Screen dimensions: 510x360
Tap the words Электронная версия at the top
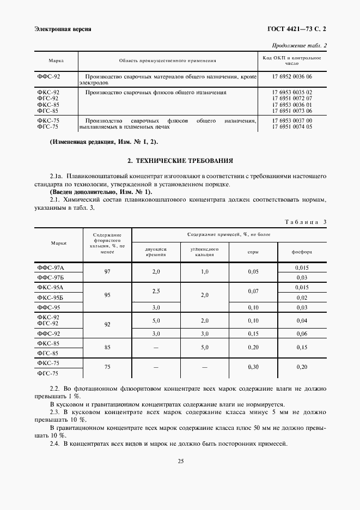tap(63, 29)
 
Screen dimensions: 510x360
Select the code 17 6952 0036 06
tap(292, 77)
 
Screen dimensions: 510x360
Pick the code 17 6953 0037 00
tap(292, 120)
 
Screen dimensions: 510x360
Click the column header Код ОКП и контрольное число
tap(292, 60)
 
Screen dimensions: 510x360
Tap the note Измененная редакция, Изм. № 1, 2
tap(103, 142)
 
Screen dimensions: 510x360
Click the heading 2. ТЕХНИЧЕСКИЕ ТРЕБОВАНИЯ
tap(180, 161)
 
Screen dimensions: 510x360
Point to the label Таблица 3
tap(306, 222)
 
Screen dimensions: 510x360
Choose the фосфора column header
tap(301, 252)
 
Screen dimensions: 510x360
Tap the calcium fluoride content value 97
tap(107, 271)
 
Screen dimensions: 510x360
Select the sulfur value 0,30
tap(253, 367)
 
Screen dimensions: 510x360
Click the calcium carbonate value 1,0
tap(205, 271)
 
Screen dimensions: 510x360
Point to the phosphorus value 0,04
tap(301, 321)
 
